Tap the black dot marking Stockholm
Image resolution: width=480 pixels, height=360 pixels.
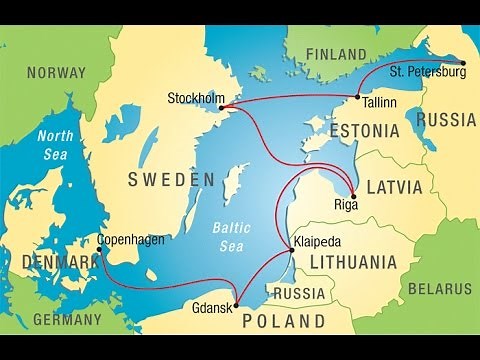point(221,107)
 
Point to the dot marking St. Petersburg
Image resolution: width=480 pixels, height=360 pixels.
point(464,61)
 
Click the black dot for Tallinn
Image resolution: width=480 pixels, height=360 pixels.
point(357,98)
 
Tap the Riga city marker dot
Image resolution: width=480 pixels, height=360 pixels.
point(353,195)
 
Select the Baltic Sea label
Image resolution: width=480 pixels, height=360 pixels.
point(234,235)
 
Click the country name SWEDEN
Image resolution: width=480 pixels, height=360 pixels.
point(171,180)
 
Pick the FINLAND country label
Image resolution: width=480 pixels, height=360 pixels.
point(336,54)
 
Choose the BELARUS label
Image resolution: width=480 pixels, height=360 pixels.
point(439,289)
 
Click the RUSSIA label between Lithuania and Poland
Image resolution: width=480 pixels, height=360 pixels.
point(299,294)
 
